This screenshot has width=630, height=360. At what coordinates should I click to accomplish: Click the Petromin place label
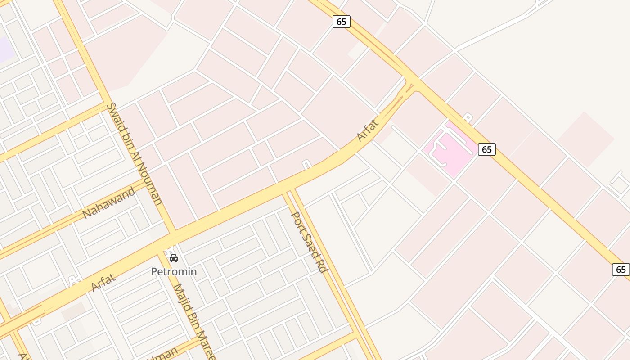click(174, 272)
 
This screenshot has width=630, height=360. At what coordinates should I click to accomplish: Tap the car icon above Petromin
click(174, 258)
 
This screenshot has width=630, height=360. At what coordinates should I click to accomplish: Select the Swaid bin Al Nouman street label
click(134, 153)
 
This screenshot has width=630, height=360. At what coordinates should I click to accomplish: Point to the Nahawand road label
click(109, 203)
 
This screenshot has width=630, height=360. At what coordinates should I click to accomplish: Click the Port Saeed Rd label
click(309, 242)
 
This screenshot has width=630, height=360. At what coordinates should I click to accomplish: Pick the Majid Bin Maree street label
click(195, 322)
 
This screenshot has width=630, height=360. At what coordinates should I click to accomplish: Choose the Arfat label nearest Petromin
click(103, 282)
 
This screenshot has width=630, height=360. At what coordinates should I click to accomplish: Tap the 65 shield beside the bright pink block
click(486, 149)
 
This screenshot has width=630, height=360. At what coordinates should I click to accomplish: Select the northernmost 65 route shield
click(341, 21)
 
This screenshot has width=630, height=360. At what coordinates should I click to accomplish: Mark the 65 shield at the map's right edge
click(621, 270)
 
